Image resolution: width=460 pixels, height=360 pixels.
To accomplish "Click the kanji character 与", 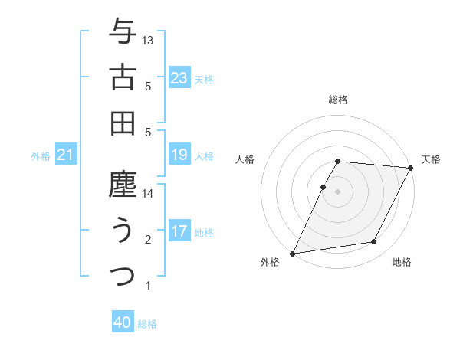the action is coord(123,33).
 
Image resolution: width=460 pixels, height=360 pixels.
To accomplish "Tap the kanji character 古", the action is coord(123,77).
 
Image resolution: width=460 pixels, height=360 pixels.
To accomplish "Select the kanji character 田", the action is coord(123,123).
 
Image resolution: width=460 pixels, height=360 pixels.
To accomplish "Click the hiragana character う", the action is coord(123,231).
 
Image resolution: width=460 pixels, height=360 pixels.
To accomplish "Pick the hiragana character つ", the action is coord(123,275).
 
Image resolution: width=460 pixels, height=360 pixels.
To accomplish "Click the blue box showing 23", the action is coord(179,77).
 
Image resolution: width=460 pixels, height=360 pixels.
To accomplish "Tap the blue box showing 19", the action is coord(179,155).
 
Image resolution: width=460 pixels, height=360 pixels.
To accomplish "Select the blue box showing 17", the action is coord(179,231).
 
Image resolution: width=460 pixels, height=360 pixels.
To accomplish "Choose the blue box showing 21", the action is coord(66,155).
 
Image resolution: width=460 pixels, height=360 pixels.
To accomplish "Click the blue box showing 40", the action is coord(123,322).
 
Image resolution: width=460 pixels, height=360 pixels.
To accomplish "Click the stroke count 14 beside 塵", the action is coord(149,194).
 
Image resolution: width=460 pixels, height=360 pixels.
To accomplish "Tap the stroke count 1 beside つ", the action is coord(148,286).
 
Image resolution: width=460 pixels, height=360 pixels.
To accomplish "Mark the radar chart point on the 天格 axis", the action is coord(412,168).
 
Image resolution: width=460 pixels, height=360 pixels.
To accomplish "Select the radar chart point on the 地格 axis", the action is coord(374,242).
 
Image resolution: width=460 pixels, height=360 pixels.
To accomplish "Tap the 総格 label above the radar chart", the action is coord(338,100).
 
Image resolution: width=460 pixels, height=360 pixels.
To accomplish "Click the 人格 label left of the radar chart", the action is coord(245,159).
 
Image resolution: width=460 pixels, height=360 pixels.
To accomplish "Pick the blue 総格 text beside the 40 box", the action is coord(147,323).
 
